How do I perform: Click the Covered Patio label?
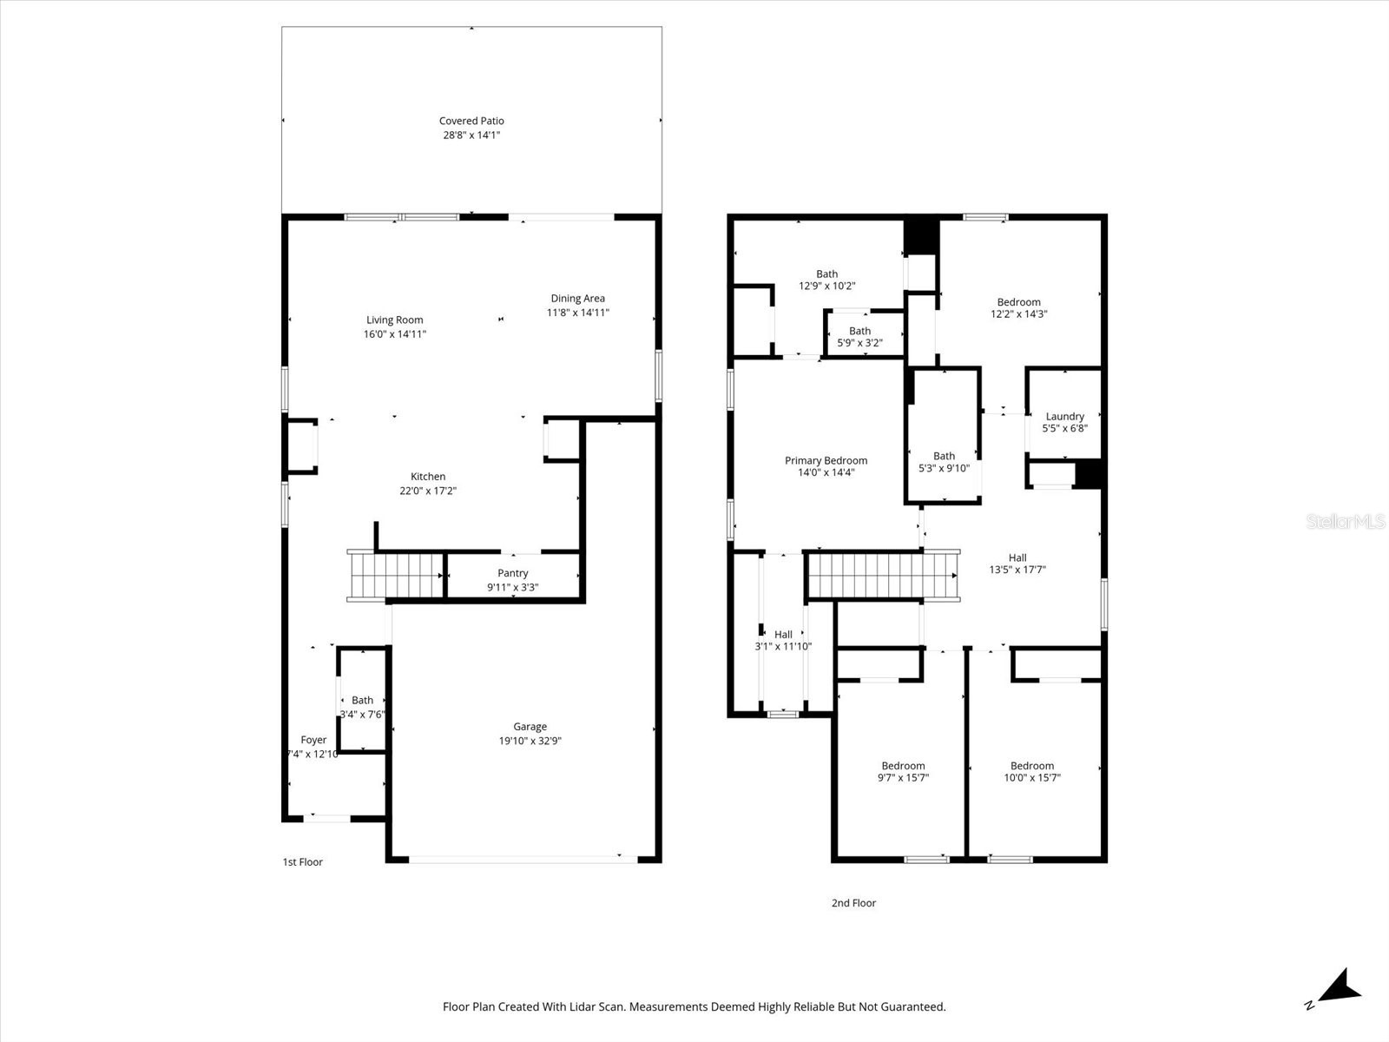pyautogui.click(x=471, y=122)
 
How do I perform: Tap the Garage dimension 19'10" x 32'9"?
pyautogui.click(x=530, y=741)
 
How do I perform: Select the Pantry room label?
pyautogui.click(x=512, y=573)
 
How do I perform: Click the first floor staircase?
pyautogui.click(x=396, y=576)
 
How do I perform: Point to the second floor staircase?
pyautogui.click(x=882, y=576)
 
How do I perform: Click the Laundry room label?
pyautogui.click(x=1064, y=417)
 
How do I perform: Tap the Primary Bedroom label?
pyautogui.click(x=826, y=461)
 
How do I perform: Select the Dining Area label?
pyautogui.click(x=577, y=299)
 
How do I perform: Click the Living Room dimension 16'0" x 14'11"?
pyautogui.click(x=395, y=334)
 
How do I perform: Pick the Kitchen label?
pyautogui.click(x=428, y=477)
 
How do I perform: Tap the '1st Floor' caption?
pyautogui.click(x=302, y=862)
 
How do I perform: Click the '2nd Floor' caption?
pyautogui.click(x=853, y=903)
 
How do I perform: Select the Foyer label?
pyautogui.click(x=313, y=741)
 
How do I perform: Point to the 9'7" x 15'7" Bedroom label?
pyautogui.click(x=903, y=766)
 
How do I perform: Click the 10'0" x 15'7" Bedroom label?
pyautogui.click(x=1031, y=766)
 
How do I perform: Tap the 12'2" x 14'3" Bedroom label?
pyautogui.click(x=1018, y=302)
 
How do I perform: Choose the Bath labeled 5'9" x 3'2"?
pyautogui.click(x=859, y=331)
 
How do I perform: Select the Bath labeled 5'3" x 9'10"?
pyautogui.click(x=944, y=456)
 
